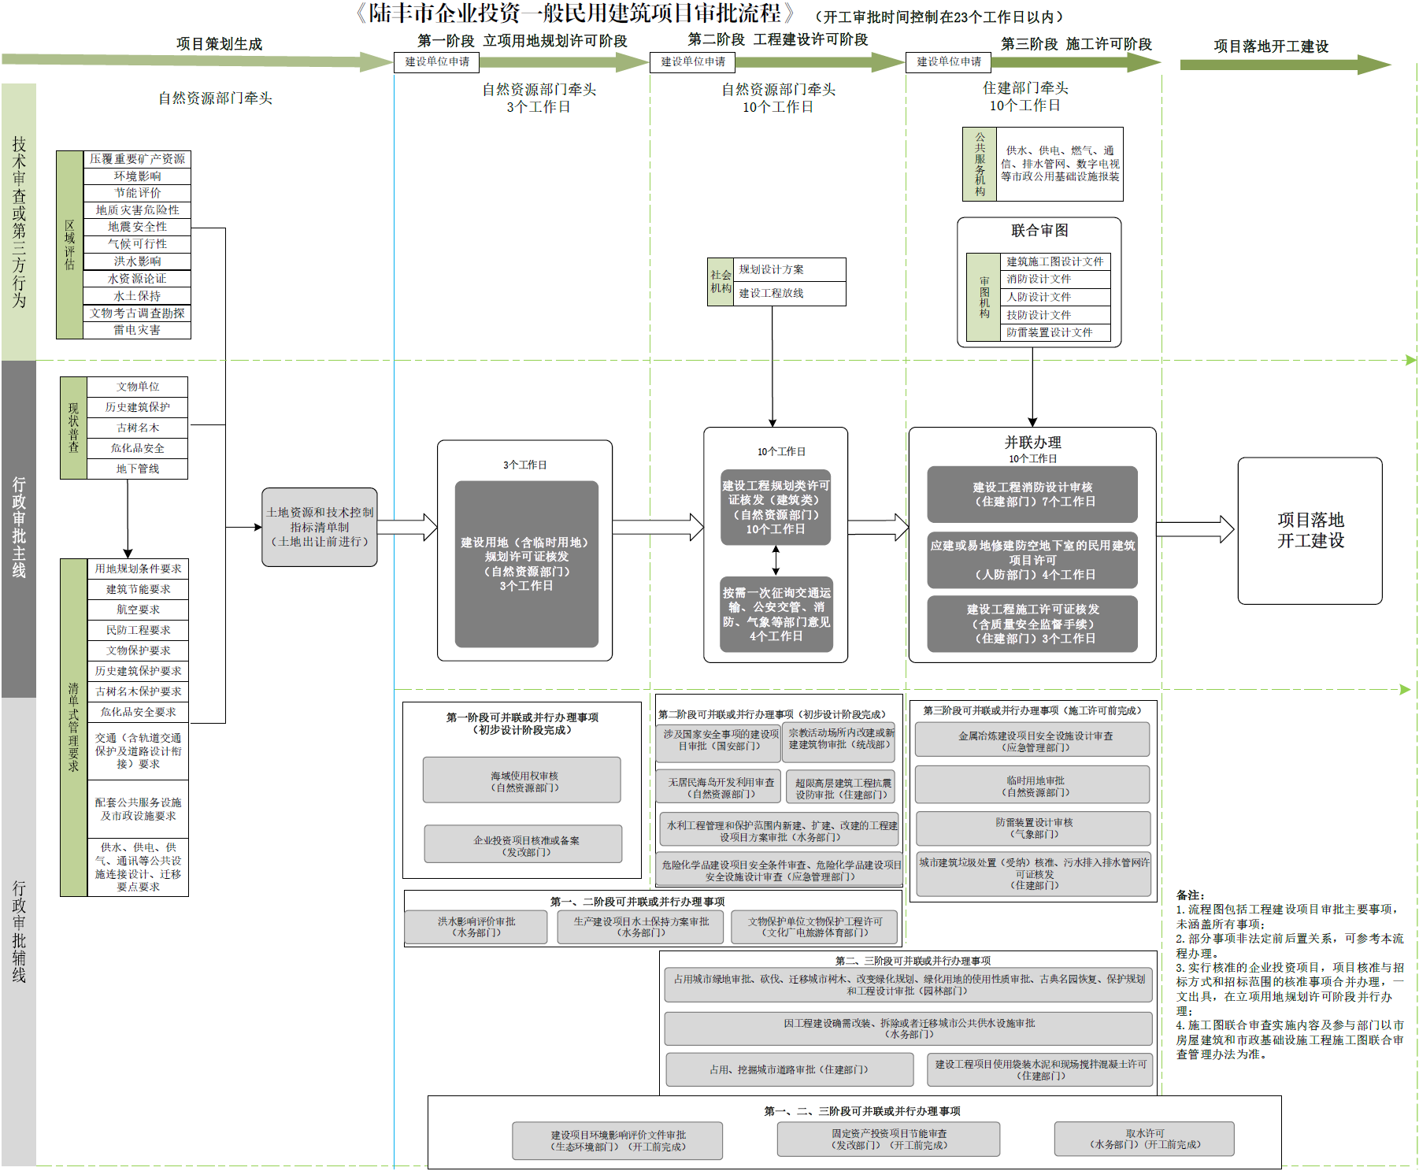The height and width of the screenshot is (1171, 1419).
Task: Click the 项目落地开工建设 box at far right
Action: [1310, 530]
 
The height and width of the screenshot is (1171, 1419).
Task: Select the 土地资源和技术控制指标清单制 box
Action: [319, 527]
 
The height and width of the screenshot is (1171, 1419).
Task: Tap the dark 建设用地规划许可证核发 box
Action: [526, 564]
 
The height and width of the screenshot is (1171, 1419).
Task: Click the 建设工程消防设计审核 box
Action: [1032, 495]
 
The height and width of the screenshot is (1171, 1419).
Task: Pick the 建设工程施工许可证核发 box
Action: [1032, 624]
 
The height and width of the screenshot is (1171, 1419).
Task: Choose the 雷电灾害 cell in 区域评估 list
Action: [137, 331]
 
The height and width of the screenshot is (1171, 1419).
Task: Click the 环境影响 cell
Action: [137, 176]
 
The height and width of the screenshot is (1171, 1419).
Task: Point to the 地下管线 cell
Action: [138, 469]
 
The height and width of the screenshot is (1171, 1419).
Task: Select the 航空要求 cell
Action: [138, 610]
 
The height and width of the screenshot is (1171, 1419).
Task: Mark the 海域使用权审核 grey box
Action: [522, 780]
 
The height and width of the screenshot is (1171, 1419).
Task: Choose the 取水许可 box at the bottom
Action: [1144, 1139]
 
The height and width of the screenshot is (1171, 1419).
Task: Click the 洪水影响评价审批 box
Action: [476, 927]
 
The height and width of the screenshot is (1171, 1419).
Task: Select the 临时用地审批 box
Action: [1032, 786]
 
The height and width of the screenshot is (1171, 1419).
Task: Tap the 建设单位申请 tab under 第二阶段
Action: [692, 62]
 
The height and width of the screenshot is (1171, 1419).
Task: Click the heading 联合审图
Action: [1039, 231]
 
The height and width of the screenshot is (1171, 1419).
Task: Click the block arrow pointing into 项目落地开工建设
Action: [1195, 528]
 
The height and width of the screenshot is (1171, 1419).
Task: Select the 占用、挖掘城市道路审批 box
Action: [789, 1069]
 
